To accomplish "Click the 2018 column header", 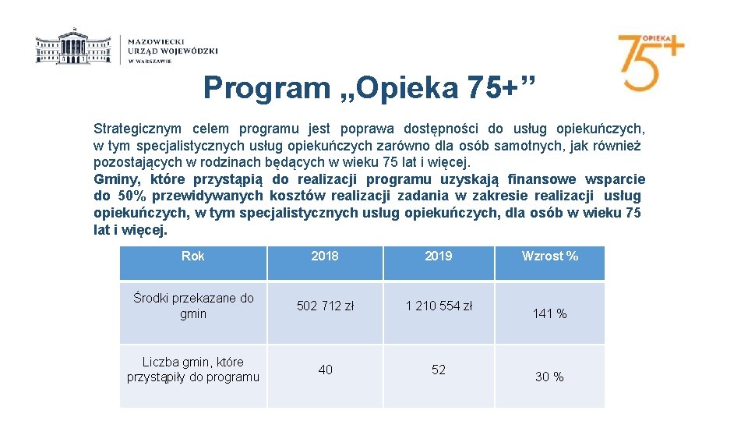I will click(325, 256).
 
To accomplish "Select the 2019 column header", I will click(439, 256).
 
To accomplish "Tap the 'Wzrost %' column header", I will click(550, 256).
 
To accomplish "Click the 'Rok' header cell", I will click(192, 256).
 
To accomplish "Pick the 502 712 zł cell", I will click(325, 306).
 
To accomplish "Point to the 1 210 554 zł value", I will click(439, 306).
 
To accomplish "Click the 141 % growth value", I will click(549, 313).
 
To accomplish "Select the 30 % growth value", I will click(549, 377).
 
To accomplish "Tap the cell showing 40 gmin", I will click(325, 370).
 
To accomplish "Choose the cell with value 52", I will click(439, 370).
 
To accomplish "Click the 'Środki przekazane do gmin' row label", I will click(193, 306).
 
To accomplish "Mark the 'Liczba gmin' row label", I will click(193, 370).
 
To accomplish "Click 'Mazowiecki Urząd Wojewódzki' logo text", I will click(172, 49).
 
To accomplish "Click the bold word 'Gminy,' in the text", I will click(115, 179).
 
